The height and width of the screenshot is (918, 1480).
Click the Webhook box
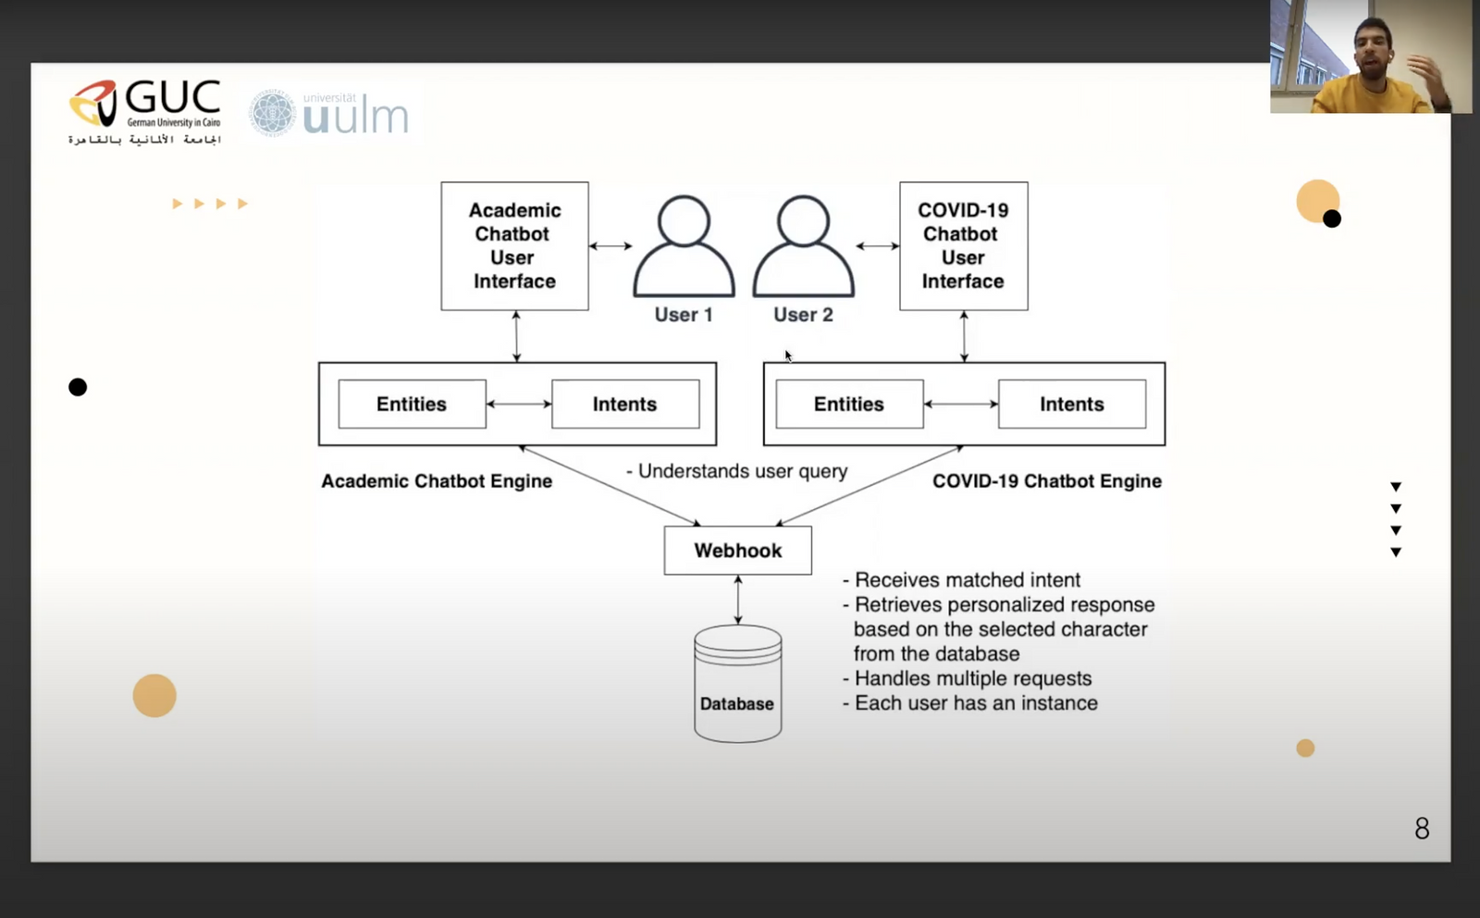pos(738,551)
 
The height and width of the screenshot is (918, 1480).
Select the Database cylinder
pos(738,683)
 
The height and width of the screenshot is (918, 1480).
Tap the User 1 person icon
pos(684,246)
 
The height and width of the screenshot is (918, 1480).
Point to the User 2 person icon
pos(804,246)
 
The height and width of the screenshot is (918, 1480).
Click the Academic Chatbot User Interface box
pos(514,246)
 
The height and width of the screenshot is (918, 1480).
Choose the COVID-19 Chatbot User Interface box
pos(964,246)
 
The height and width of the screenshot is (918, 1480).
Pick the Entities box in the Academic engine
pos(413,403)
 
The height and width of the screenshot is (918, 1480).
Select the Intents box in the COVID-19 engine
pos(1072,403)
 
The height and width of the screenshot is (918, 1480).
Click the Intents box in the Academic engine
pos(625,403)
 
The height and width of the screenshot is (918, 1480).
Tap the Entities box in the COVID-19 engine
pos(850,403)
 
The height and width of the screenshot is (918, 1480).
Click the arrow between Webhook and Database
pos(738,600)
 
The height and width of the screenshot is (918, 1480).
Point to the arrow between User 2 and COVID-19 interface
pos(878,246)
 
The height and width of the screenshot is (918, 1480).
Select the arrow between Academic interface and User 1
pos(610,246)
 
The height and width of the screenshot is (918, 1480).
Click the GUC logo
pos(144,112)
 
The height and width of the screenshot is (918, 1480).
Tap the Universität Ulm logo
pos(329,114)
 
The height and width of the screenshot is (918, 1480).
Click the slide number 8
pos(1422,828)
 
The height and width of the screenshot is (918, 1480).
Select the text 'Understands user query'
pos(743,471)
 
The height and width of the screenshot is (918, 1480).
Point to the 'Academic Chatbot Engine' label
pos(437,481)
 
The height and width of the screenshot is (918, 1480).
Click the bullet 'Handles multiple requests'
pos(973,678)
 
